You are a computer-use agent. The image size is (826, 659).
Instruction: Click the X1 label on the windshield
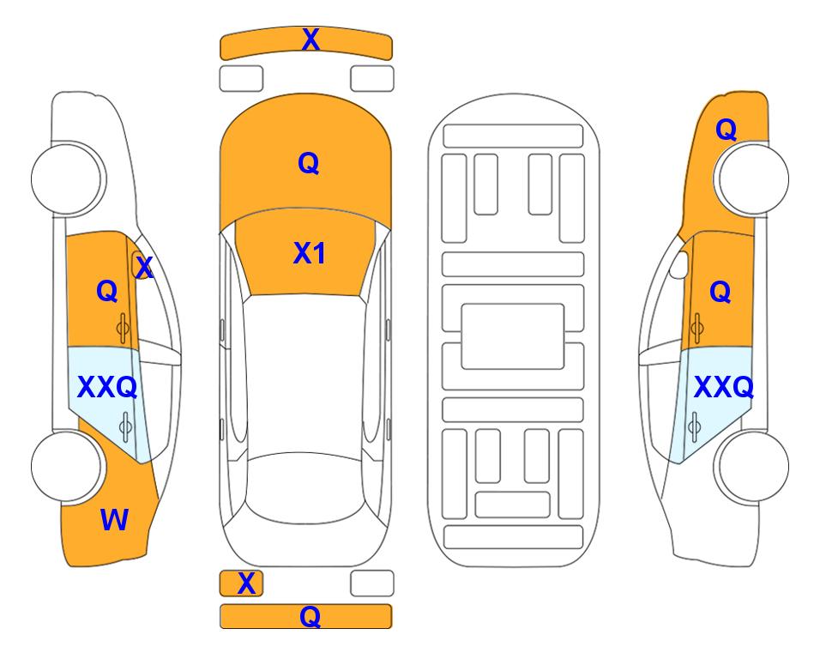coord(310,253)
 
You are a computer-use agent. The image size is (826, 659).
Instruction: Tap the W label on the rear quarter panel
coord(114,519)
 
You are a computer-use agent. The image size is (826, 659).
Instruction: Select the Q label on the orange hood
coord(309,163)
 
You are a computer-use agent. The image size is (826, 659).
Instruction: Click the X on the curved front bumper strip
coord(311,39)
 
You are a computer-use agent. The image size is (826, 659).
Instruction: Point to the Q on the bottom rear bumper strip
coord(311,616)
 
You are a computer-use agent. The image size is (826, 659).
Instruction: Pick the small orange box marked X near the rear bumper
coord(241,583)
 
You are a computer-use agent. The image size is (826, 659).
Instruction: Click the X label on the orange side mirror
coord(144,268)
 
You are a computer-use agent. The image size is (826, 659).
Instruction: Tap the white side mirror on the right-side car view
coord(679,264)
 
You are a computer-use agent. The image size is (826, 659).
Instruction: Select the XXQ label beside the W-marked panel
coord(107,387)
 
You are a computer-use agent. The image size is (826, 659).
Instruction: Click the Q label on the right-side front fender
coord(726,130)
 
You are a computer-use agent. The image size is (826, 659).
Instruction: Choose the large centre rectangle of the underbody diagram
coord(513,336)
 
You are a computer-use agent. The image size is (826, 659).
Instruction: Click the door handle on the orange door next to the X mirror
coord(123,328)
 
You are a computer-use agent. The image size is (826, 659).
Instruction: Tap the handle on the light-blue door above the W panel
coord(125,426)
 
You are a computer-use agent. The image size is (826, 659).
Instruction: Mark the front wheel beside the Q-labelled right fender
coord(751,178)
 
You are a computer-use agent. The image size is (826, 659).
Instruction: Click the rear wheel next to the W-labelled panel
coord(67,466)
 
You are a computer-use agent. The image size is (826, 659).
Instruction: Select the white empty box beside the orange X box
coord(372,583)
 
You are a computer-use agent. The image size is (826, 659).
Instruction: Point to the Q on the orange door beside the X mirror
coord(107,291)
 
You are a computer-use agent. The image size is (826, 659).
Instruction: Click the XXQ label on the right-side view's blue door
coord(724,387)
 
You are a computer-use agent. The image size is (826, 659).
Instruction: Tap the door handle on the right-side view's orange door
coord(697,328)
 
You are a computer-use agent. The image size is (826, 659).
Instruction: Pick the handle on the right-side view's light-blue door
coord(694,426)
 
